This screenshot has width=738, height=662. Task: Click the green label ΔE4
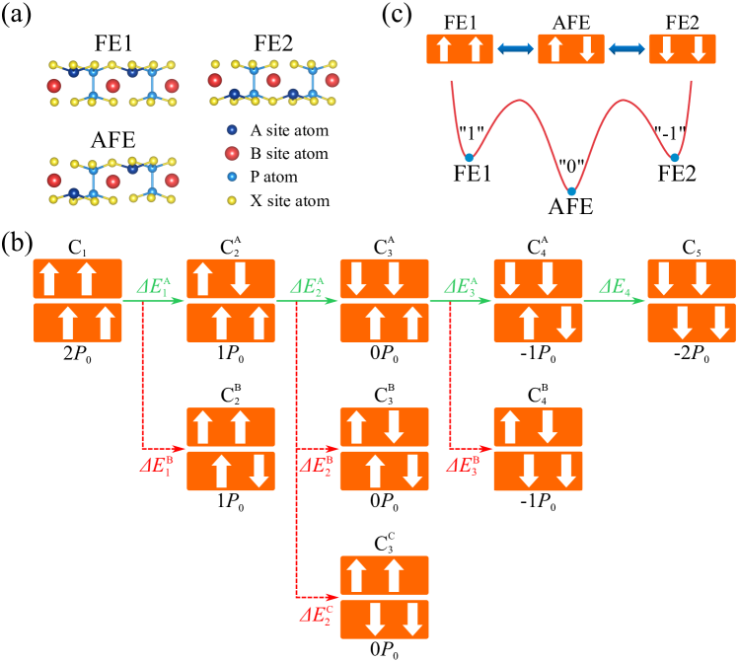[x=614, y=287]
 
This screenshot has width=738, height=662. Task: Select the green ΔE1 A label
[x=154, y=287]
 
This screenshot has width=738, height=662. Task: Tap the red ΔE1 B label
[x=156, y=465]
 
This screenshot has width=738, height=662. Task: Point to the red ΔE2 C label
[x=316, y=615]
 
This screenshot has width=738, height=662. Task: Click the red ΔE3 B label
[x=462, y=465]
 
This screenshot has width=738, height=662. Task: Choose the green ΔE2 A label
[x=307, y=287]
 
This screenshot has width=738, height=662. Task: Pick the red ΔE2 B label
[x=316, y=465]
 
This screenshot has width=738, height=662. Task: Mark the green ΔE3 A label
[x=461, y=287]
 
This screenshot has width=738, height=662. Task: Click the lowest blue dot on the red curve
[x=571, y=191]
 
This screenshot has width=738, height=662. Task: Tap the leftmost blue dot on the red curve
[x=469, y=158]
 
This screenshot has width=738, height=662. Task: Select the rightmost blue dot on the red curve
[x=674, y=158]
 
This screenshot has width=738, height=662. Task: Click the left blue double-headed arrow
[x=515, y=48]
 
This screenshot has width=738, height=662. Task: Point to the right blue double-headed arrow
[x=627, y=48]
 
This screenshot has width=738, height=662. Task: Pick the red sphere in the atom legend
[x=232, y=153]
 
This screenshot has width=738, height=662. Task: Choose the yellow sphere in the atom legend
[x=232, y=200]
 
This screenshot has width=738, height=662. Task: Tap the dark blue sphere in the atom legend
[x=232, y=129]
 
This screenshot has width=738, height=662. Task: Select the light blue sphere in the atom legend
[x=232, y=177]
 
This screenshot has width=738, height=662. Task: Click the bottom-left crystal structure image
[x=113, y=181]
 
